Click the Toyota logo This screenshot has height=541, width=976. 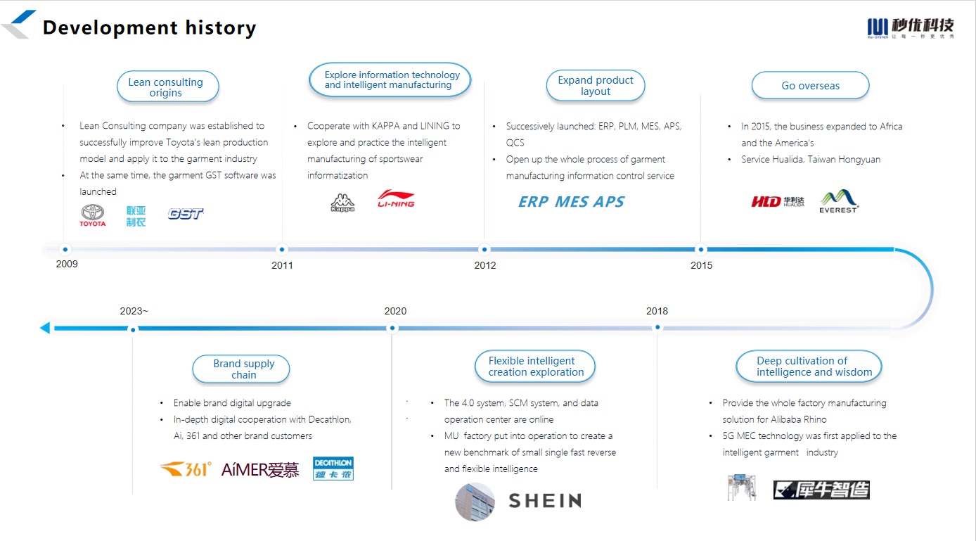point(92,215)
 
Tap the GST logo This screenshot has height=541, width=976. point(186,214)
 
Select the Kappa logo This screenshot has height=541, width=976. point(342,203)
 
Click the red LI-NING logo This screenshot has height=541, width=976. point(396,198)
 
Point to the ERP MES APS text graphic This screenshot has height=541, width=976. point(571,202)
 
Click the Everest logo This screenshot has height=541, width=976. point(838,201)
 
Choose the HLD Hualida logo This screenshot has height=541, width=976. point(778,202)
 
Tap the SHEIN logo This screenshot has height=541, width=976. point(545,501)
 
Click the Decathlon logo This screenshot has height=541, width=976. point(333,469)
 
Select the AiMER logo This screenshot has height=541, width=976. point(260,470)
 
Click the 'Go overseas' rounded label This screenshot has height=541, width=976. point(810,86)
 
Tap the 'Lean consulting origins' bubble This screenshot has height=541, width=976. point(167,87)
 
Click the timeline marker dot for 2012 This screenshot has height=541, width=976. point(484,249)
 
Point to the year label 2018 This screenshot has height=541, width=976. point(657,311)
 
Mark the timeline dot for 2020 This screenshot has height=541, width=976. point(392,328)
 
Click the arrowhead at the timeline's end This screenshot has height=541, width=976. point(45,328)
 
